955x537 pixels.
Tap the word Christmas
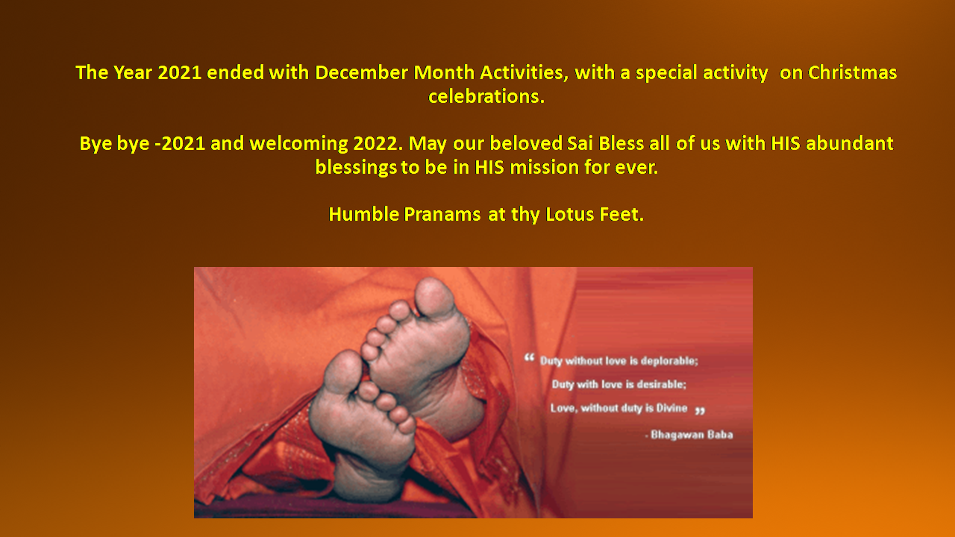(852, 72)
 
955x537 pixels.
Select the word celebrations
(486, 96)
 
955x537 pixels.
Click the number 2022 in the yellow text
(378, 143)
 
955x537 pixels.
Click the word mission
(544, 167)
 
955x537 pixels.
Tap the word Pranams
(442, 214)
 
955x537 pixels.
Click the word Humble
(363, 214)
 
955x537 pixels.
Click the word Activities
(524, 72)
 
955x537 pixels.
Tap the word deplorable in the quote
(669, 361)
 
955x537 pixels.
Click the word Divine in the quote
(671, 408)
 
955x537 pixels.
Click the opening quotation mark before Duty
(529, 357)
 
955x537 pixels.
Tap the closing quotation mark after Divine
(700, 411)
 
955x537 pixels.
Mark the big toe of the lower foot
(344, 371)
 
